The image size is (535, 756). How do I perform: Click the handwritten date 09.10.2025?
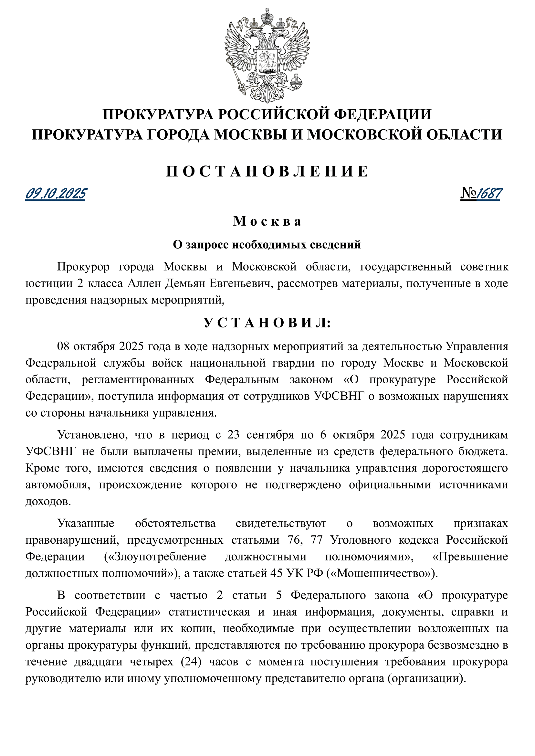56,194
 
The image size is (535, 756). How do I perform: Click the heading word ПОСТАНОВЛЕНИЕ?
267,171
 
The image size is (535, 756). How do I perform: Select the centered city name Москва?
267,221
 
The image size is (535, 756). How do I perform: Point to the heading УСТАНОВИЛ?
267,323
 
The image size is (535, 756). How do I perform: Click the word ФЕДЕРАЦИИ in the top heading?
383,114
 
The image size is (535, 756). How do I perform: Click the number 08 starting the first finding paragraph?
63,346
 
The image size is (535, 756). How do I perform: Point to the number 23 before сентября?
233,435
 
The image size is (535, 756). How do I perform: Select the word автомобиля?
58,485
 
